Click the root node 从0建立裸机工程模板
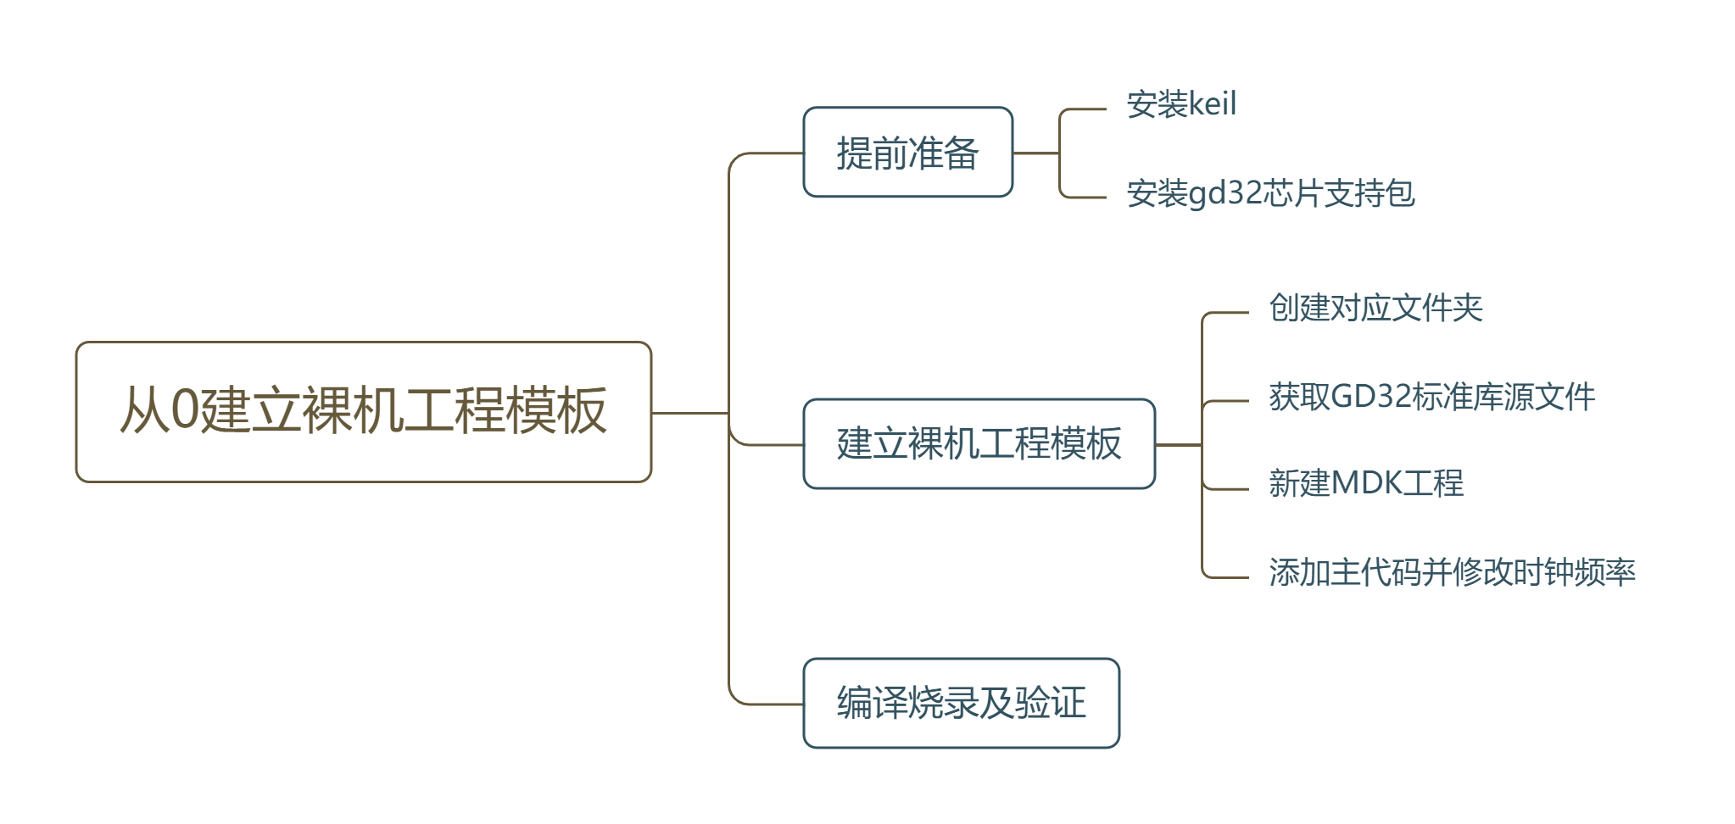(x=363, y=412)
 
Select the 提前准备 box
(x=907, y=153)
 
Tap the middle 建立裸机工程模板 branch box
(x=979, y=443)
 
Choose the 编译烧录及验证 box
(x=961, y=703)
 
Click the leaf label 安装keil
(x=1180, y=104)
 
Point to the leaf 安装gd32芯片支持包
(x=1269, y=193)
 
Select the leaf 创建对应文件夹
(x=1375, y=308)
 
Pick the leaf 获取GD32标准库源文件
(x=1431, y=397)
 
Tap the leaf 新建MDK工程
(x=1365, y=483)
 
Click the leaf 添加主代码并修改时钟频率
(x=1451, y=572)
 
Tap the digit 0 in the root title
(x=184, y=410)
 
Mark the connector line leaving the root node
(x=689, y=413)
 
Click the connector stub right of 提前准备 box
(x=1035, y=153)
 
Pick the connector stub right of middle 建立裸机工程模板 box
(x=1178, y=444)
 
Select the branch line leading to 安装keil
(x=1085, y=109)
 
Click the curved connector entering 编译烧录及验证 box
(x=763, y=704)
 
